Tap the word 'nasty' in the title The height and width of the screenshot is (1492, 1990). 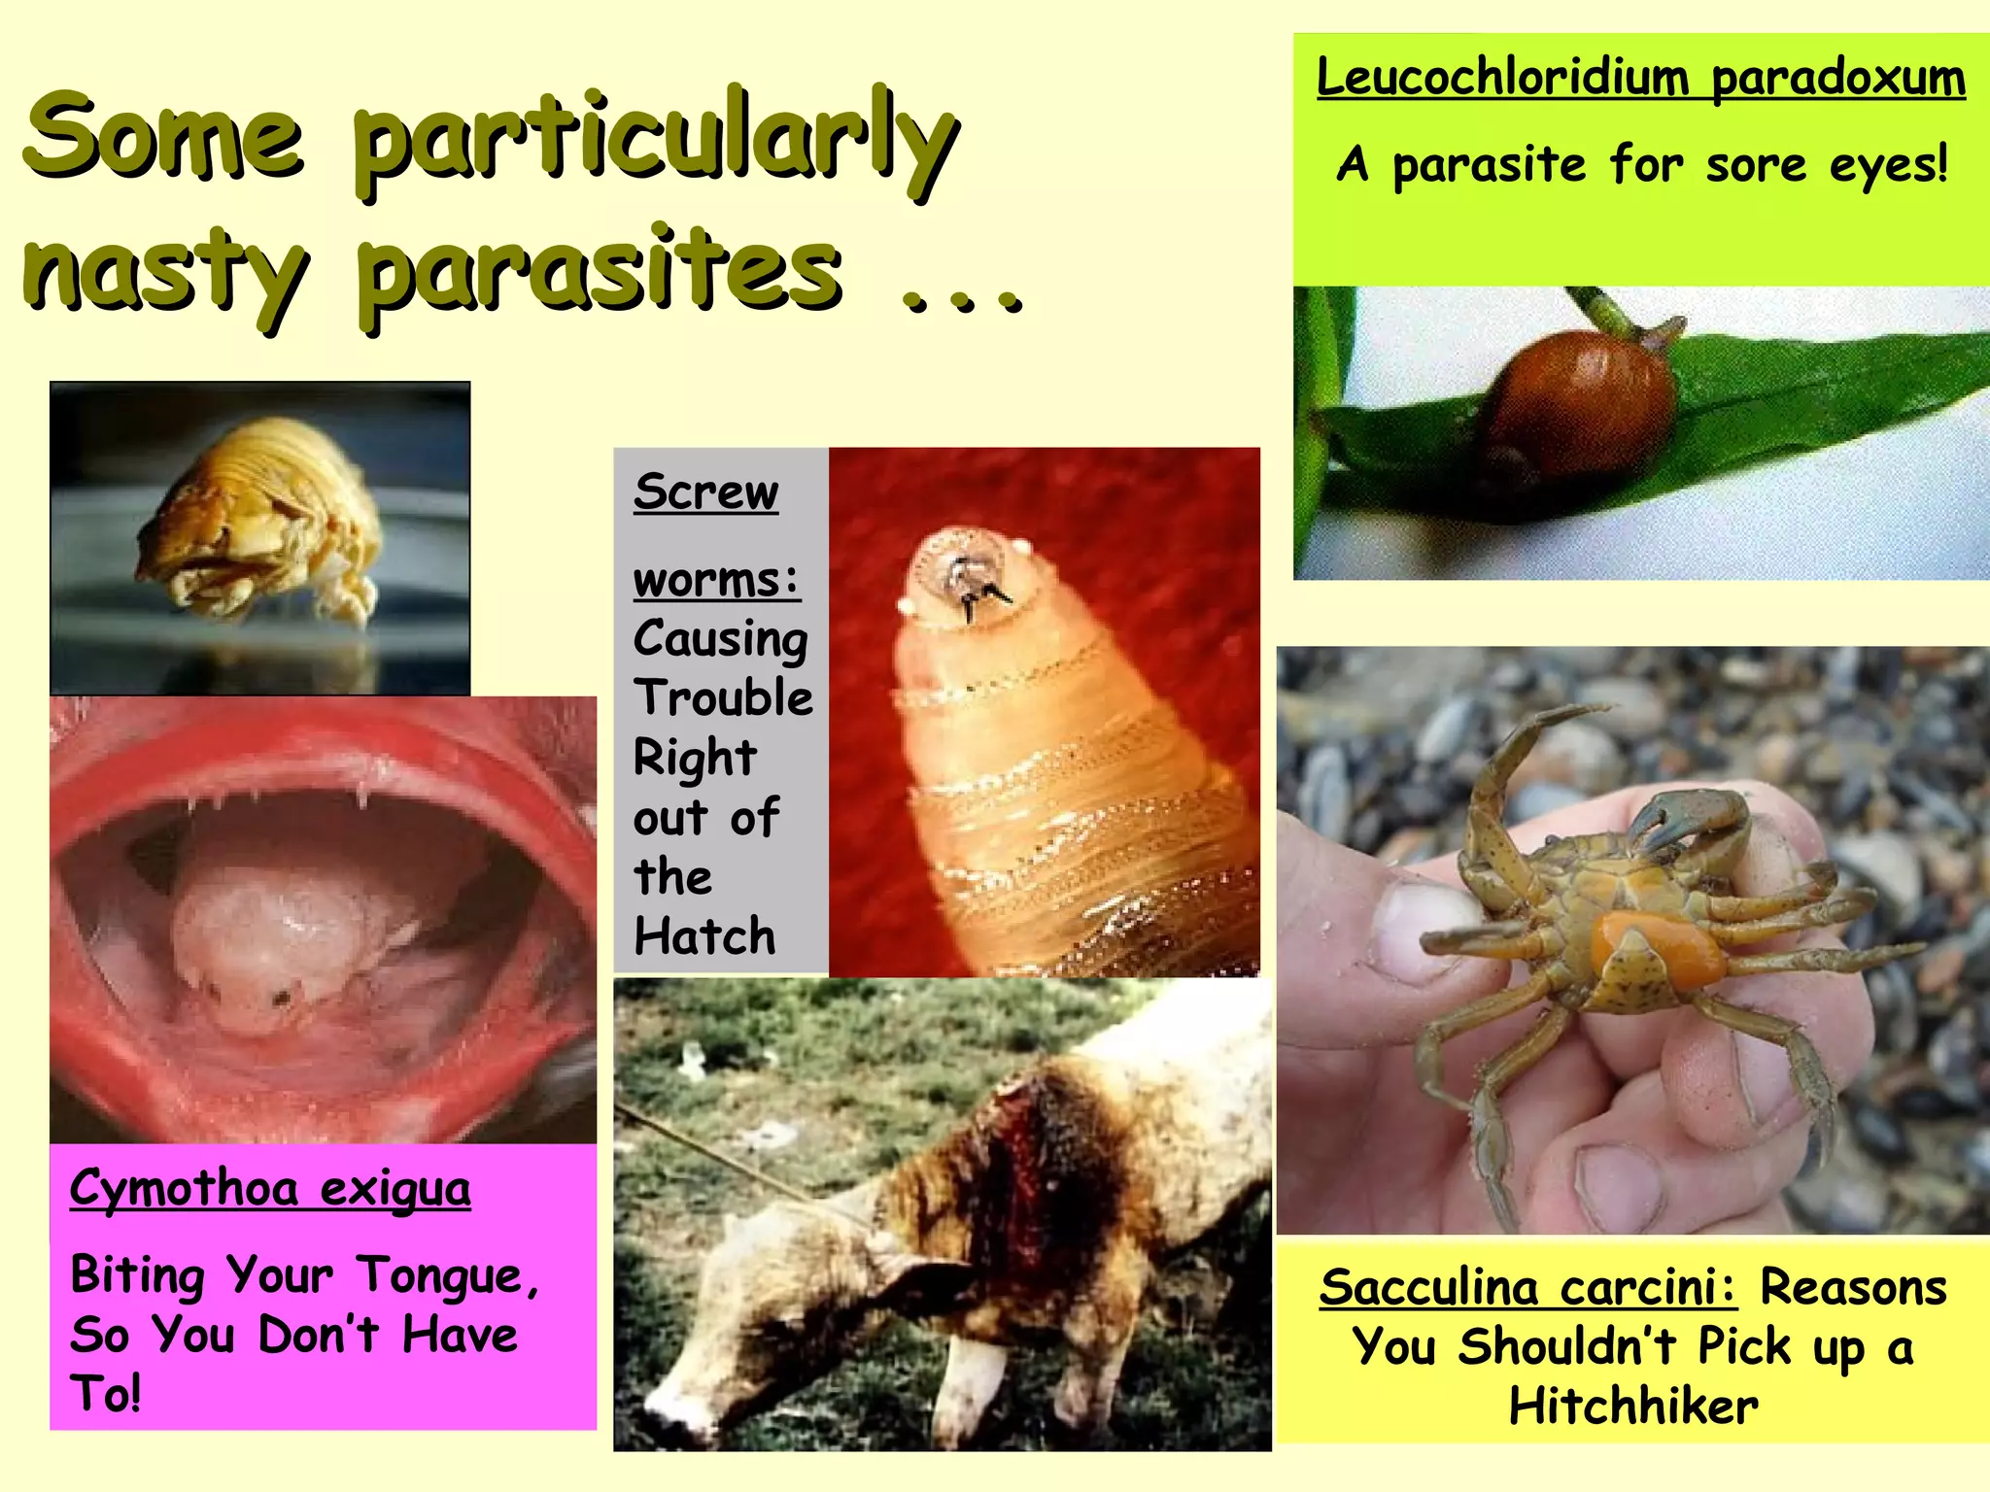click(165, 272)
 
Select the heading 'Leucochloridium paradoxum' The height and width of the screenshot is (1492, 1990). click(1640, 78)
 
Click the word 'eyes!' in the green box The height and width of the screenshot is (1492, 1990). click(1889, 164)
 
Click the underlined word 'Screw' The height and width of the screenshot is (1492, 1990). click(705, 492)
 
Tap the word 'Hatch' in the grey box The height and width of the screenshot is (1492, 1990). click(704, 936)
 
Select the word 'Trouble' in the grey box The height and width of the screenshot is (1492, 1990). click(723, 697)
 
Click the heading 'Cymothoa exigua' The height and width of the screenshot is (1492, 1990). click(270, 1188)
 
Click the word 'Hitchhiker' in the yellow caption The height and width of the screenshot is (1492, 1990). click(1633, 1406)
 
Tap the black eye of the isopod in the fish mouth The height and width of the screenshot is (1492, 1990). click(282, 997)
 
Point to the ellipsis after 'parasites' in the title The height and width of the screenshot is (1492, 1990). click(962, 301)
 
